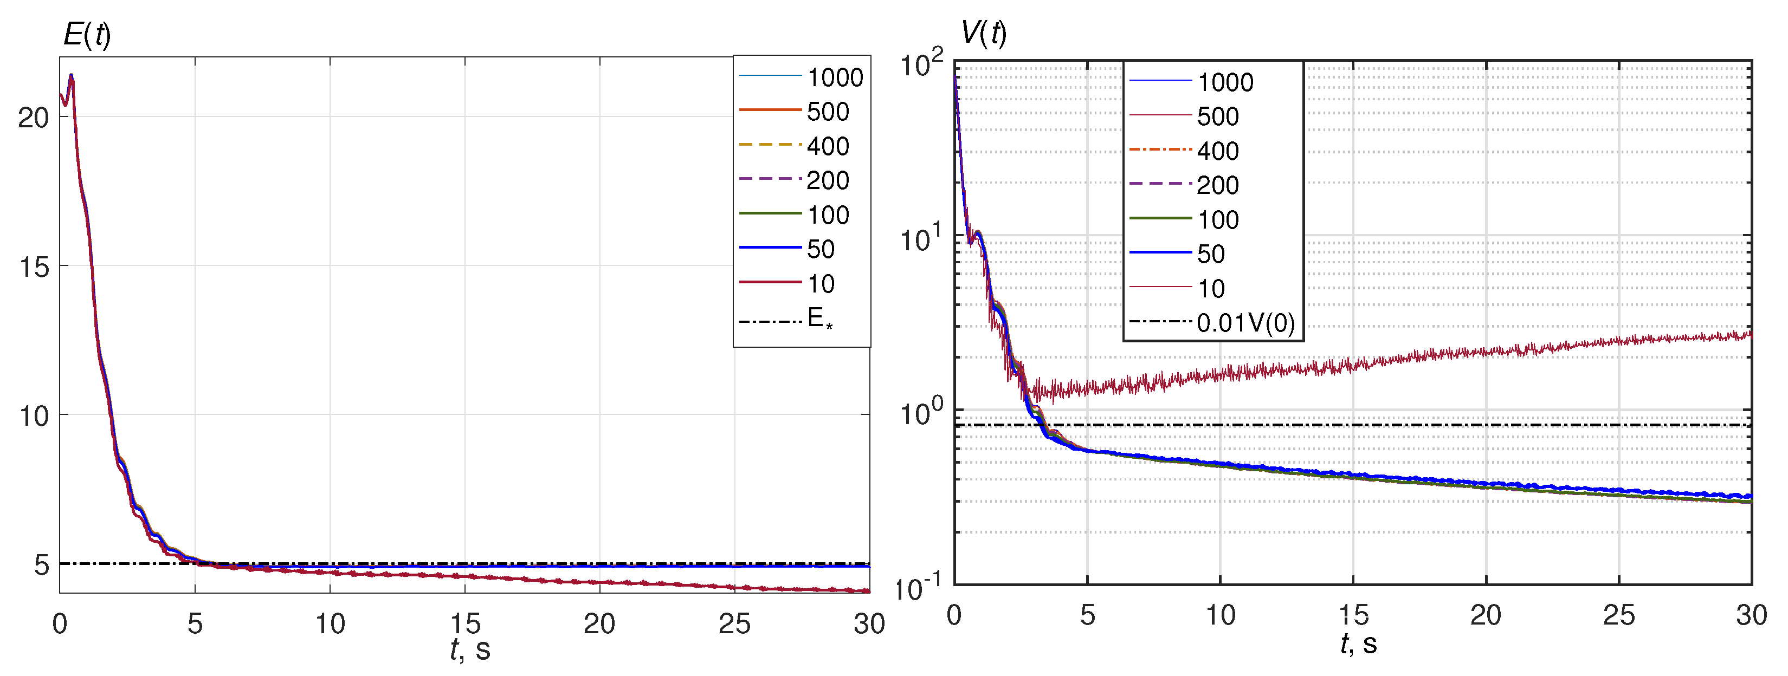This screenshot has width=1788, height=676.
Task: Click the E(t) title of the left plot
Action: (x=87, y=34)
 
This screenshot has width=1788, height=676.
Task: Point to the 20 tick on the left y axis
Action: (x=33, y=118)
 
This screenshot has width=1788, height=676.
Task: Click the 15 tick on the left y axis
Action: (x=33, y=266)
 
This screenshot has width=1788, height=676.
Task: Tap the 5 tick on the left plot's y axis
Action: (x=42, y=564)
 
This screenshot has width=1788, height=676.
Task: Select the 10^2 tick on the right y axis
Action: (x=922, y=64)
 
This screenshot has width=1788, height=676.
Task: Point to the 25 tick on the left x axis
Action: (x=734, y=623)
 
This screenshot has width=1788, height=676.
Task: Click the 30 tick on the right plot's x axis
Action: (x=1751, y=615)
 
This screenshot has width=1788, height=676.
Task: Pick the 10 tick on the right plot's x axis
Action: (x=1219, y=615)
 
